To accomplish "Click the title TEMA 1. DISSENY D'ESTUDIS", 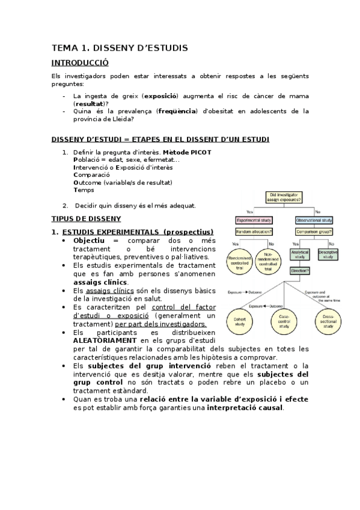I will tap(120, 47).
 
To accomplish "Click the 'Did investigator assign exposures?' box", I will tap(285, 197).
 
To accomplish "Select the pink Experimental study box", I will tap(254, 220).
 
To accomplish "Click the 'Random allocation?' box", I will tap(255, 232).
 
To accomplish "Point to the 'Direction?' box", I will tap(300, 271).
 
